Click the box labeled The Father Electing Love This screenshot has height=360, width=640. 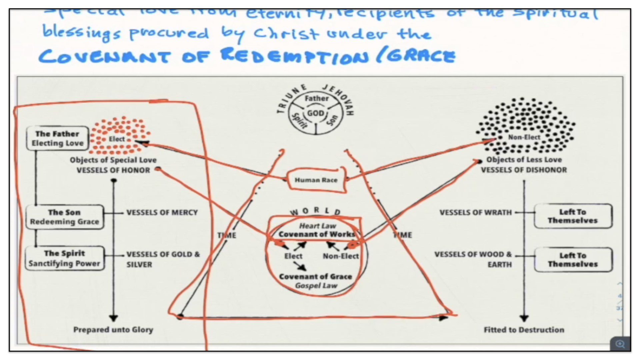pyautogui.click(x=57, y=138)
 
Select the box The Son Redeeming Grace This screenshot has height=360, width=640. pyautogui.click(x=64, y=217)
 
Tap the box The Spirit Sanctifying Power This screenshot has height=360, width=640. pyautogui.click(x=64, y=258)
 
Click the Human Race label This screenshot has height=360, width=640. pyautogui.click(x=316, y=180)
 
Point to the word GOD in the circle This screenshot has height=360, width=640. pyautogui.click(x=315, y=113)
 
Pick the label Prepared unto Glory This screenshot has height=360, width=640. pyautogui.click(x=113, y=330)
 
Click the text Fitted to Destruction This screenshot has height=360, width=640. pyautogui.click(x=524, y=330)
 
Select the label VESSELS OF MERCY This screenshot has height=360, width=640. pyautogui.click(x=162, y=213)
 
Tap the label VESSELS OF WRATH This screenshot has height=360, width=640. pyautogui.click(x=475, y=213)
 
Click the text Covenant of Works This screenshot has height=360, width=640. pyautogui.click(x=317, y=234)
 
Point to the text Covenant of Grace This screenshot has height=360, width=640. pyautogui.click(x=315, y=277)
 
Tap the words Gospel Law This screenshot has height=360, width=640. pyautogui.click(x=316, y=286)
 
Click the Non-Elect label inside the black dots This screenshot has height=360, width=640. pyautogui.click(x=524, y=137)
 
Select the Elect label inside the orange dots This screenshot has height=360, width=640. pyautogui.click(x=117, y=139)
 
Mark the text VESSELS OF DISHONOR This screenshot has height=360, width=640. pyautogui.click(x=524, y=170)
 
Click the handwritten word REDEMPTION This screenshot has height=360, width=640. pyautogui.click(x=295, y=56)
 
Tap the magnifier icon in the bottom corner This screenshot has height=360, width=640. pyautogui.click(x=620, y=344)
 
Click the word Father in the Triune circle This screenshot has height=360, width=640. pyautogui.click(x=316, y=98)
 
